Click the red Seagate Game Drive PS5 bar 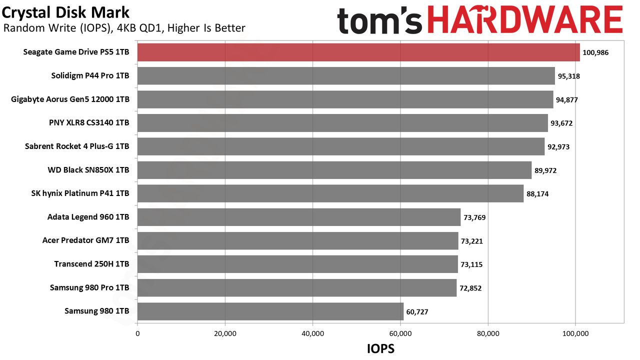[x=358, y=52]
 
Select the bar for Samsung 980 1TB [x=270, y=311]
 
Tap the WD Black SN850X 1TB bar [x=334, y=170]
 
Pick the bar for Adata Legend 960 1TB [x=299, y=217]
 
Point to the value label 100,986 [x=595, y=52]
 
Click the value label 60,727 [x=417, y=311]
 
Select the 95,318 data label [x=569, y=76]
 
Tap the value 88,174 [x=537, y=194]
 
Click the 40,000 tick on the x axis [x=312, y=333]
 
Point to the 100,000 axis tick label [x=575, y=333]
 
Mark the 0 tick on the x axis [x=137, y=333]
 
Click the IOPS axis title [x=380, y=349]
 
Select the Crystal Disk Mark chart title [x=65, y=12]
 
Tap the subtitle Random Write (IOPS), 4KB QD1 [x=83, y=28]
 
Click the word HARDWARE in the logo [x=525, y=20]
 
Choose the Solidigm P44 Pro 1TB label [x=90, y=75]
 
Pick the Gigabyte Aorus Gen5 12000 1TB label [x=70, y=99]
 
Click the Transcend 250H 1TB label [x=91, y=263]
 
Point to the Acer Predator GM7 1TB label [x=85, y=240]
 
